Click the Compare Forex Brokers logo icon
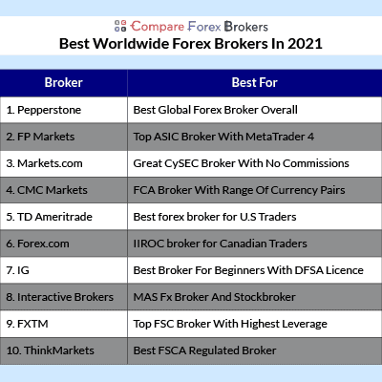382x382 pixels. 120,26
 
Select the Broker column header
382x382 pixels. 64,82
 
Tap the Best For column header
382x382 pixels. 255,82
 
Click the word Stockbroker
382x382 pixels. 265,297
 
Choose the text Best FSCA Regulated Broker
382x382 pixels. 204,350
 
